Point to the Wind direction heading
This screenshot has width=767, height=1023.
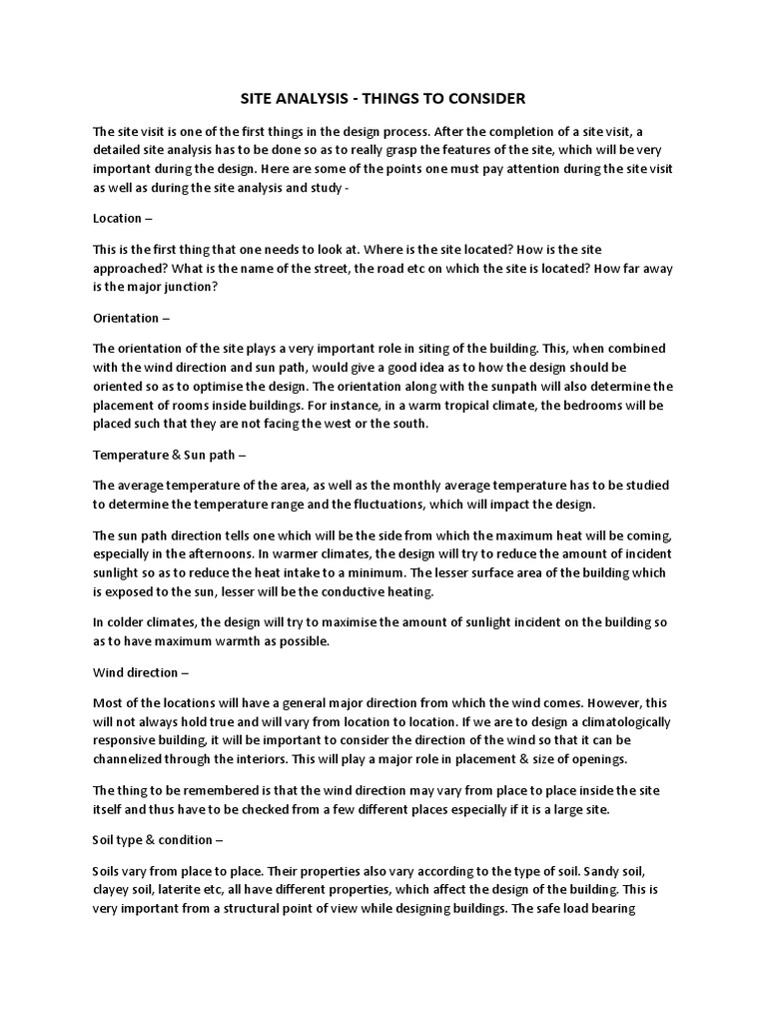137,672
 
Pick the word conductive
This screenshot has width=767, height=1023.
356,591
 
